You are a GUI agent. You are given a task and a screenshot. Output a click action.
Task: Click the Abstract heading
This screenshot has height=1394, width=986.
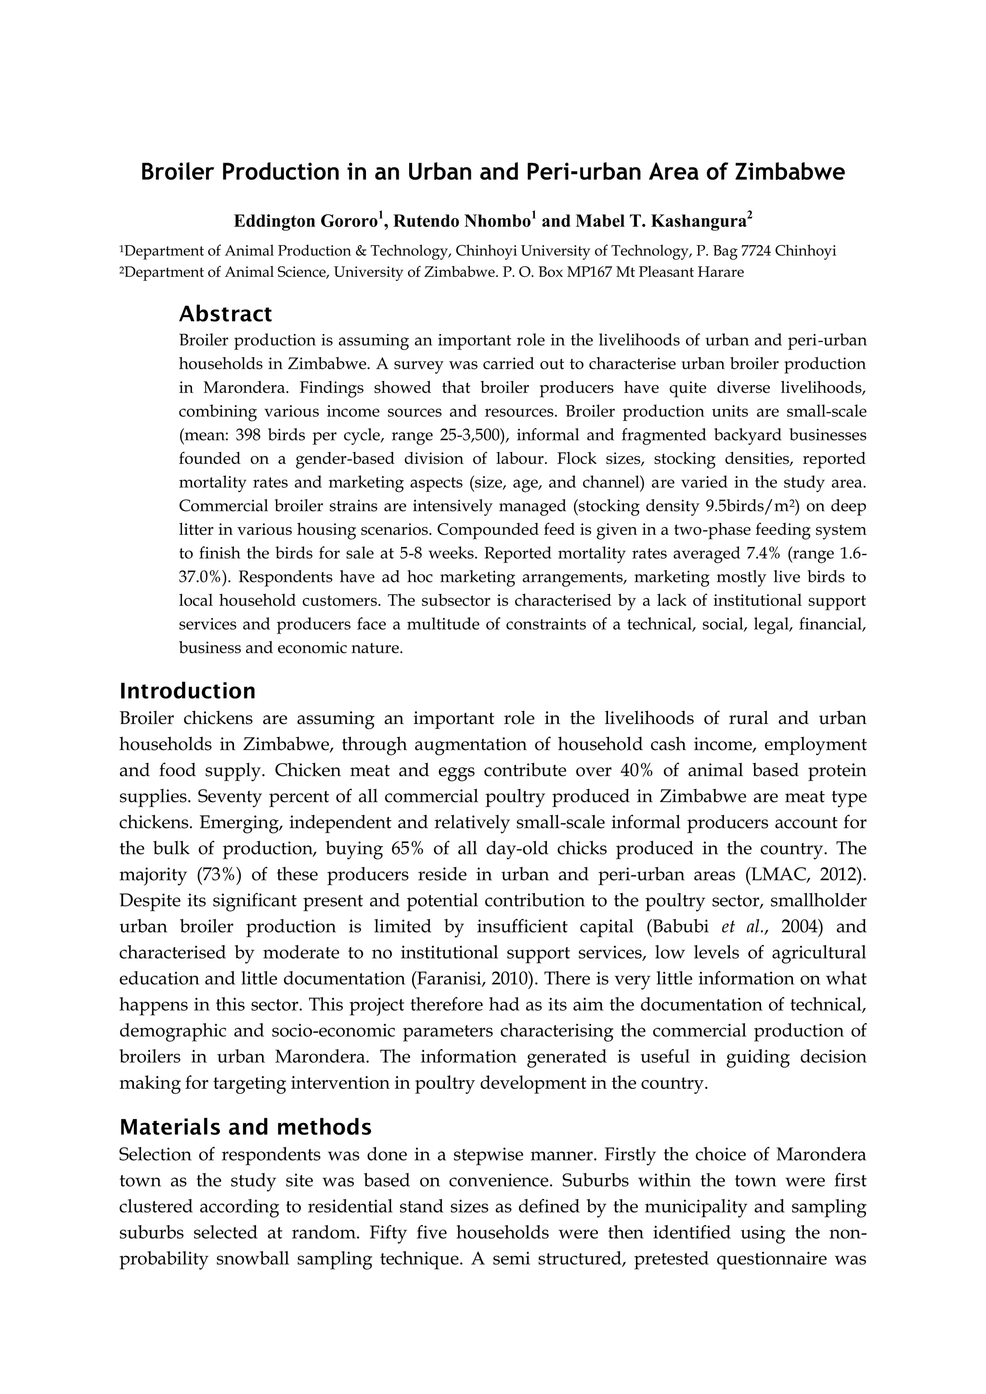coord(225,314)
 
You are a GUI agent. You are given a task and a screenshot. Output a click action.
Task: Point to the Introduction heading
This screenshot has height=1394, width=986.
coord(188,691)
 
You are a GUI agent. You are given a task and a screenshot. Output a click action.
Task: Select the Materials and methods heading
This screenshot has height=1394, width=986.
coord(245,1127)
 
